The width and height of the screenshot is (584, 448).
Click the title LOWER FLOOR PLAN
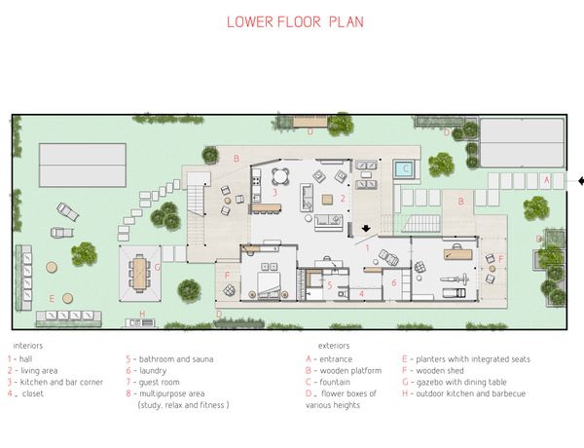pos(295,22)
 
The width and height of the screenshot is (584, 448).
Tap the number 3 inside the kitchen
pos(274,193)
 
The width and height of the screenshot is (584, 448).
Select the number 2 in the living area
pos(343,199)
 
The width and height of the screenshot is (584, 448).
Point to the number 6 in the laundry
pos(394,282)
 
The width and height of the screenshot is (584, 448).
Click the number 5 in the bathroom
pos(329,285)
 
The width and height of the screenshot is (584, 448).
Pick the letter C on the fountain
pos(406,168)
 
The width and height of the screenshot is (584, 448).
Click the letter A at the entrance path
pos(546,180)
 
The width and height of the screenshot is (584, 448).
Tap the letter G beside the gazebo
pos(157,267)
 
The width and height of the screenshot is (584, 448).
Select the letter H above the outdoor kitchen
pos(142,315)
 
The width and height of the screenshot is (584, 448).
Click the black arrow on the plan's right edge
pos(581,181)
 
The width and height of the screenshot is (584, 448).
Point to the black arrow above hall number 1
pos(366,228)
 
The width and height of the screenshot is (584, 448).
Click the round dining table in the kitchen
pos(280,176)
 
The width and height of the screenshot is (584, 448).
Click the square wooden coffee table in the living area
pos(327,200)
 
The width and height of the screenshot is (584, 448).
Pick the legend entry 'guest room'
pos(159,383)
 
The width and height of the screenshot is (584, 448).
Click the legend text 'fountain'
pos(335,383)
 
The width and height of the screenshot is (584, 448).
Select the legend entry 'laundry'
pos(153,371)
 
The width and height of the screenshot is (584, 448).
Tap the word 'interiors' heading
pos(28,346)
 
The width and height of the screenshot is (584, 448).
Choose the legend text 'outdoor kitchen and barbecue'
pos(471,393)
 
